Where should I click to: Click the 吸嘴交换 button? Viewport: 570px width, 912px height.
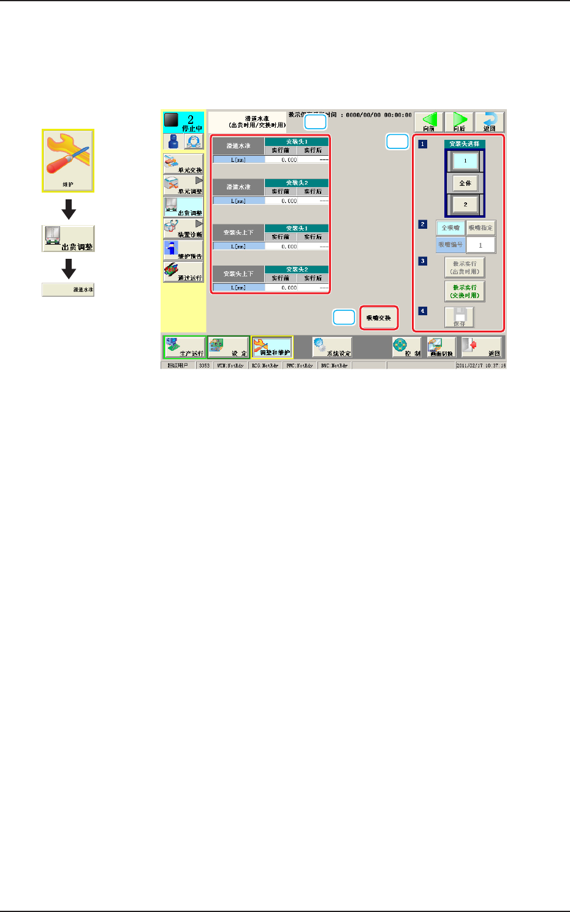click(x=379, y=318)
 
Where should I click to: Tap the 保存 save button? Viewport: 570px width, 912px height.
click(x=459, y=317)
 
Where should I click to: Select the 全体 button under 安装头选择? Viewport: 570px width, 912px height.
click(x=465, y=183)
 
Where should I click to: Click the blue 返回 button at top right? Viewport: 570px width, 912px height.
click(x=489, y=122)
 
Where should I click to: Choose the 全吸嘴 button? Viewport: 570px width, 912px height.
click(x=450, y=228)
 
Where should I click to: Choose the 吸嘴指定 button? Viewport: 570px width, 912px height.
click(x=481, y=228)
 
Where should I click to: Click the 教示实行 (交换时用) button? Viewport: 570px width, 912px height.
click(x=465, y=291)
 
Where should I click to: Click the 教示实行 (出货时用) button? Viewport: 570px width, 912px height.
click(x=465, y=267)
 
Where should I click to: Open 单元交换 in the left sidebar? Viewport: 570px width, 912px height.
click(x=183, y=164)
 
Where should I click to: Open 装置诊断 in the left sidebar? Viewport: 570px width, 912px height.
click(x=183, y=229)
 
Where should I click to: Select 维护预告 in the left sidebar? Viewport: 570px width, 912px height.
click(x=183, y=250)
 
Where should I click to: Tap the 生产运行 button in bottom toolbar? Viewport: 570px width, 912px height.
click(x=184, y=348)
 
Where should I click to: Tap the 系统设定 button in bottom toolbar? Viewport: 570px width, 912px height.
click(x=332, y=348)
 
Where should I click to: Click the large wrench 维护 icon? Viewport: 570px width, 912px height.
click(x=68, y=160)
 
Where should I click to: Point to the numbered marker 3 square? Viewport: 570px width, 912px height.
click(x=422, y=261)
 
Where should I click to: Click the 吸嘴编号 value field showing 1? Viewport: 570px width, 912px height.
click(x=481, y=245)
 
